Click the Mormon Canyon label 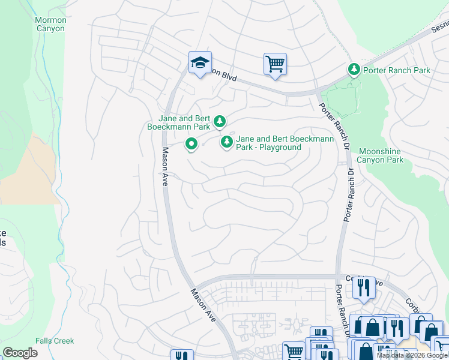coord(50,25)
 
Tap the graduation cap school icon coord(200,62)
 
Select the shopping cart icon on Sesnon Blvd coord(275,63)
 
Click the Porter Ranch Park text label coord(397,70)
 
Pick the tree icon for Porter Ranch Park coord(354,70)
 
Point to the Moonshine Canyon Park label coord(381,155)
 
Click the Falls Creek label coord(55,341)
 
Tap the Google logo coord(20,353)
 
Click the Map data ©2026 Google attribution coord(412,355)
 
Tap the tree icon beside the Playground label coord(226,142)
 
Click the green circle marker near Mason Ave coord(191,144)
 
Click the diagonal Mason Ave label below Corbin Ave coord(202,305)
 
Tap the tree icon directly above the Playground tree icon coord(220,122)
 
